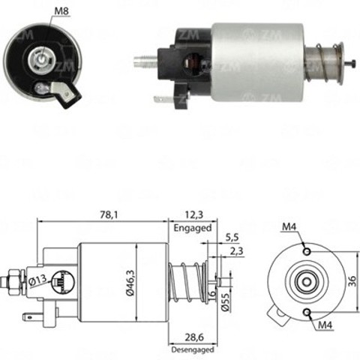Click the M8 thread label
click(x=61, y=11)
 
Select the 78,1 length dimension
click(x=109, y=214)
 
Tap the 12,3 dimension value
click(x=193, y=214)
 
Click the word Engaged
click(x=193, y=228)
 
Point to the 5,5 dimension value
click(x=232, y=237)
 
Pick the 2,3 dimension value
click(x=236, y=251)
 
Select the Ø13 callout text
click(x=37, y=280)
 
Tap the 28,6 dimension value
click(x=194, y=337)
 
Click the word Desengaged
click(x=193, y=349)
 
